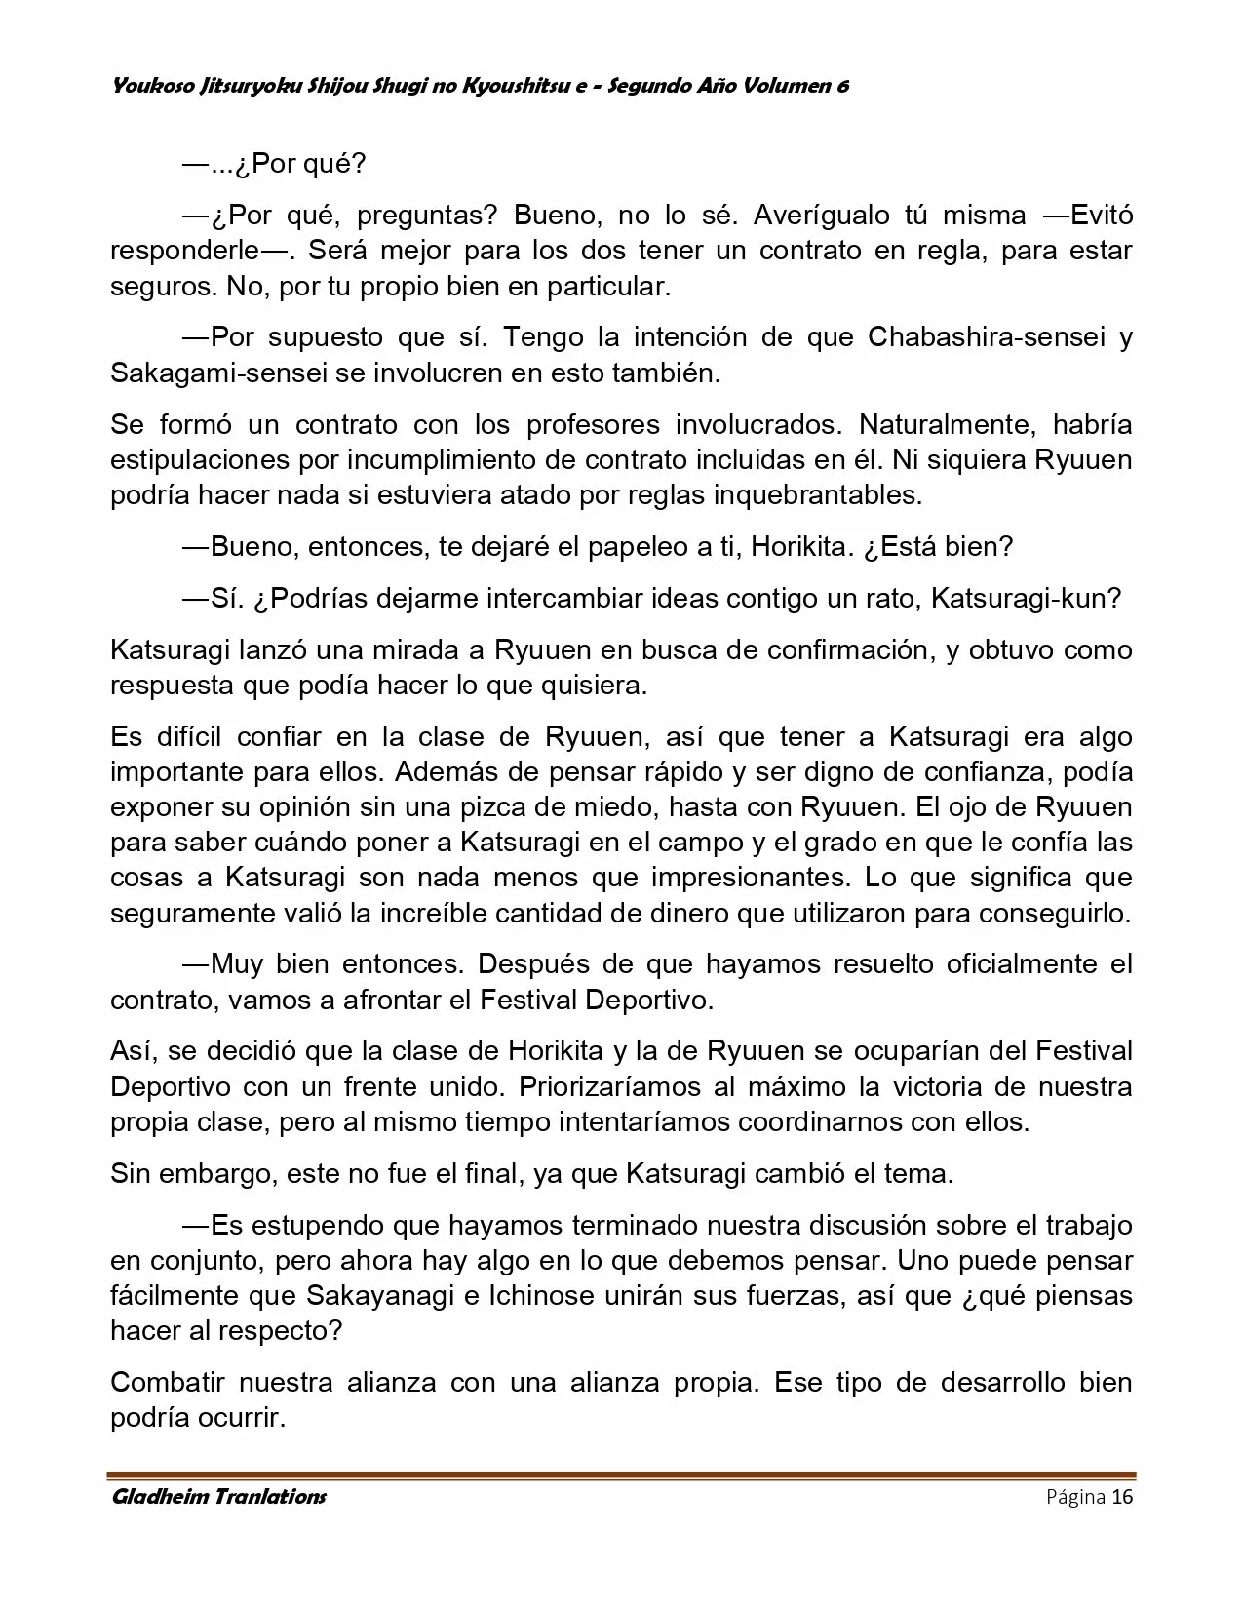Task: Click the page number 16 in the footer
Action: (x=1122, y=1497)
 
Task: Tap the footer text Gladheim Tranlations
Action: (x=218, y=1497)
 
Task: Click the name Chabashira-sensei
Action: (x=986, y=337)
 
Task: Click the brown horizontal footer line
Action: (x=621, y=1475)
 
